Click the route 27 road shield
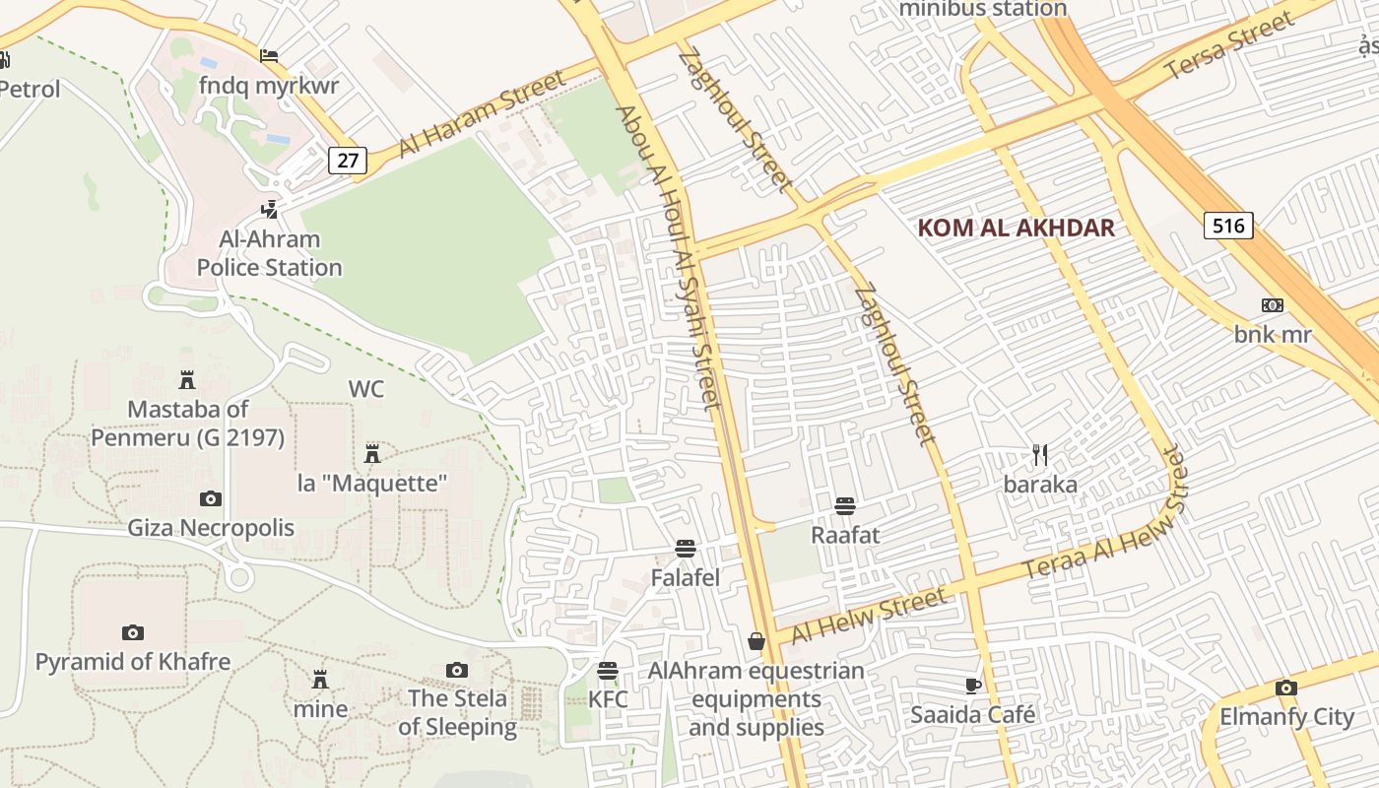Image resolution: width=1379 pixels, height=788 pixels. (348, 161)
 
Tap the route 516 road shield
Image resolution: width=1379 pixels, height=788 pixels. (1228, 226)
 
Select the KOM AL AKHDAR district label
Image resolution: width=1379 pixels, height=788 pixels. (1016, 229)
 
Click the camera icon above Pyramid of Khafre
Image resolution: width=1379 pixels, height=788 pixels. (132, 632)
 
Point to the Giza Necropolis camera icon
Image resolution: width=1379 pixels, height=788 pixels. (210, 499)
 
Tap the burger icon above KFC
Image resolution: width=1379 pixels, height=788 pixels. (607, 672)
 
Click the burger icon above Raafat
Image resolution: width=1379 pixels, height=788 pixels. (844, 507)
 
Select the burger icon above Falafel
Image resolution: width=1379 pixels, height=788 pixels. (686, 549)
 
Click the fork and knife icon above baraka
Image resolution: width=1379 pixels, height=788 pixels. (1040, 455)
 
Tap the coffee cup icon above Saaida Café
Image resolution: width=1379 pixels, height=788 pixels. (973, 686)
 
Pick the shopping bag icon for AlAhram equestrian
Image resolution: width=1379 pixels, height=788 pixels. (756, 642)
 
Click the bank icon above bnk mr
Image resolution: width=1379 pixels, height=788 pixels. (1273, 306)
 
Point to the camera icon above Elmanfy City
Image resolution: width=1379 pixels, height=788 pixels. (1285, 689)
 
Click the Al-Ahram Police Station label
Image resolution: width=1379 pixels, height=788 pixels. (269, 253)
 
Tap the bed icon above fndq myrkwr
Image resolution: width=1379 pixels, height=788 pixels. (269, 57)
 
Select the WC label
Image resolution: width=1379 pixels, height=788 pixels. (365, 389)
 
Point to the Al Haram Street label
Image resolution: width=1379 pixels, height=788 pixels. (482, 114)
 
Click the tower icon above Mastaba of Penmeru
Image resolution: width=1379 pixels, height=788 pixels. (186, 380)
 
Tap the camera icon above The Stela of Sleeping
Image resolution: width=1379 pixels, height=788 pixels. (456, 671)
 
